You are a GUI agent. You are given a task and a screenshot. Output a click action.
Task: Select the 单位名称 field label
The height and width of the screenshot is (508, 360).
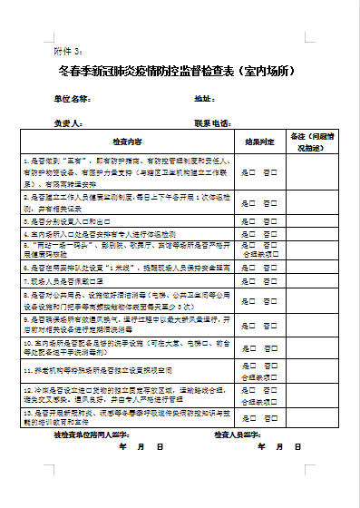pyautogui.click(x=72, y=98)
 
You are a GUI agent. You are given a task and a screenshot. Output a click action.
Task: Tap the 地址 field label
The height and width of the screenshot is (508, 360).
pyautogui.click(x=203, y=98)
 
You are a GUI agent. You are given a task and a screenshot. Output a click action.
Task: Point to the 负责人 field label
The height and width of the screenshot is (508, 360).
pyautogui.click(x=68, y=122)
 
